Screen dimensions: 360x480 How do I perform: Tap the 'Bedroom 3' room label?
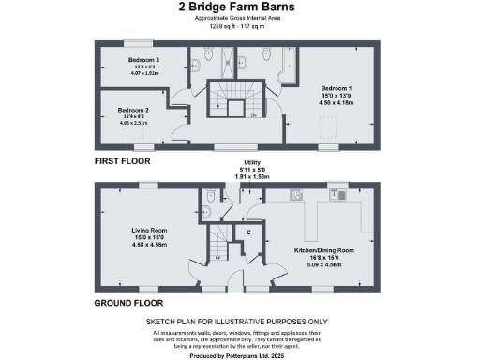[x=143, y=59]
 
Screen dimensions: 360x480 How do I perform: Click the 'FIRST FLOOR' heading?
[x=122, y=161]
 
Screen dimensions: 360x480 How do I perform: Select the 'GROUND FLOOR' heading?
[x=128, y=303]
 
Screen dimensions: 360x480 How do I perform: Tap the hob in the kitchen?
[x=295, y=196]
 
